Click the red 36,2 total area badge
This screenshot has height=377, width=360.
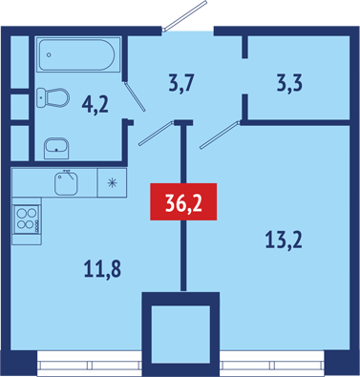point(183,201)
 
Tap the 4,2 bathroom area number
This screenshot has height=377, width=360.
point(95,105)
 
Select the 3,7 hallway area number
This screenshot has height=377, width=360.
point(180,84)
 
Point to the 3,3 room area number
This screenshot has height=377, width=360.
point(289,84)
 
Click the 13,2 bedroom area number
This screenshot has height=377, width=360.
point(283,241)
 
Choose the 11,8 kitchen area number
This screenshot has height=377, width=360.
point(102,269)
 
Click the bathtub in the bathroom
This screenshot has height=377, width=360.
point(77,54)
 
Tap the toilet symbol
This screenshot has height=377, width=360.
point(53,97)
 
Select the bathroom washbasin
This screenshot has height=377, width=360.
point(56,148)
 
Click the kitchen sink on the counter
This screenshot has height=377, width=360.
point(66,182)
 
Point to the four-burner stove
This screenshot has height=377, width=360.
point(27,220)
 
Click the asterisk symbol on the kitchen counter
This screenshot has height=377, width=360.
point(112,183)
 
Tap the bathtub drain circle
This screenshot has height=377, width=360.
point(49,54)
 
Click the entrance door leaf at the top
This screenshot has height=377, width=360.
point(184,15)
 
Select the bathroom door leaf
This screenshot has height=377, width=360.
point(135,96)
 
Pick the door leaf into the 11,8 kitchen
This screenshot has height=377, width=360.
point(157,134)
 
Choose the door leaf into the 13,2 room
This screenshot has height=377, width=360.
point(220,135)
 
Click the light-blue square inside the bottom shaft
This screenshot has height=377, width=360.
point(180,334)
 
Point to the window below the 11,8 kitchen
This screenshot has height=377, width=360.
point(89,364)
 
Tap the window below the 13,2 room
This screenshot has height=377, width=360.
point(272,364)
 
